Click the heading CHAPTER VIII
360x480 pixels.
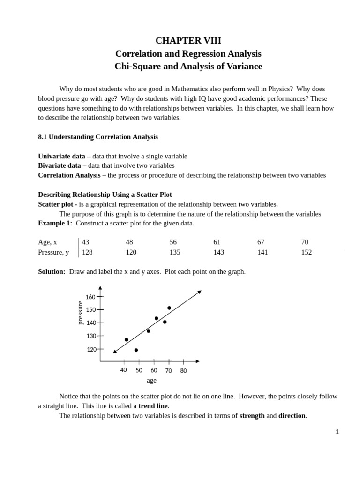(x=188, y=40)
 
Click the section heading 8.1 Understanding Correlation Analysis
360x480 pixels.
(x=97, y=137)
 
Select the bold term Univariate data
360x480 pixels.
(x=61, y=156)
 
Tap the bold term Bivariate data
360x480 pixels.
(x=59, y=165)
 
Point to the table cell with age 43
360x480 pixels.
(x=85, y=242)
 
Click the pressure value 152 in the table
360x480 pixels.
(x=306, y=252)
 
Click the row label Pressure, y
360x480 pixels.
(x=53, y=252)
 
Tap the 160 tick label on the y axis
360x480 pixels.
(x=90, y=297)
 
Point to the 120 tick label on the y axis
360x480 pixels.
(x=91, y=349)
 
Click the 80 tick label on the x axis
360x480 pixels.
(x=183, y=370)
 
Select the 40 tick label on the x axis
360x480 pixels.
(x=124, y=370)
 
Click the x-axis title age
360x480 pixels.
(x=151, y=381)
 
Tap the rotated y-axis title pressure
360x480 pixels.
(x=80, y=313)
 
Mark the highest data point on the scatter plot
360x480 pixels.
(x=169, y=308)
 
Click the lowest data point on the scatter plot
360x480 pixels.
(x=136, y=350)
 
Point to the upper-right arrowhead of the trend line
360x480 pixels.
(x=200, y=292)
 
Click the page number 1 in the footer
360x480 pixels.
(x=337, y=432)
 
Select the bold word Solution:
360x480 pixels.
(x=52, y=272)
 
